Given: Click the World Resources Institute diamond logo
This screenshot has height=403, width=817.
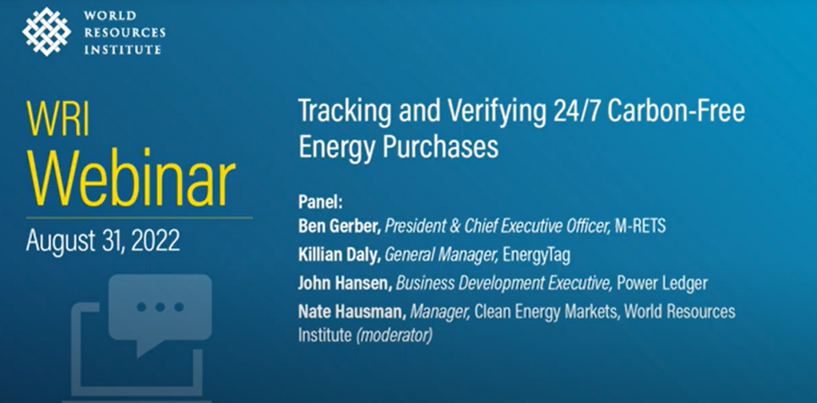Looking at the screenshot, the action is coord(46,31).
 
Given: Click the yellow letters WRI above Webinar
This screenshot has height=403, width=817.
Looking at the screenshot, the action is coord(57,120).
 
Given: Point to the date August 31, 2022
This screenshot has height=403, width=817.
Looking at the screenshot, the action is coord(103,240).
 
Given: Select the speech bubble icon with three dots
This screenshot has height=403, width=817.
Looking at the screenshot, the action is coord(160,312).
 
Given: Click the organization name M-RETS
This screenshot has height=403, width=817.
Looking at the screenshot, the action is coord(639,227).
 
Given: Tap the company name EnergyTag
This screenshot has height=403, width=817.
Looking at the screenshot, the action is coord(537,255).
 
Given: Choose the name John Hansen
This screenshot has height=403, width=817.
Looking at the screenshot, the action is coord(345,283).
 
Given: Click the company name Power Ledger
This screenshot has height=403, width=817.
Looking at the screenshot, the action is coord(662,283).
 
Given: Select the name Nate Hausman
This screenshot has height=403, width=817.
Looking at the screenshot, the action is coord(352,312).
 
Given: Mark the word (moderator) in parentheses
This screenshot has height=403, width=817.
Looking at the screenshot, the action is coord(394,335).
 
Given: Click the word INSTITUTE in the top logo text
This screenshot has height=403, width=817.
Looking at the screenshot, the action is coord(122,50).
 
